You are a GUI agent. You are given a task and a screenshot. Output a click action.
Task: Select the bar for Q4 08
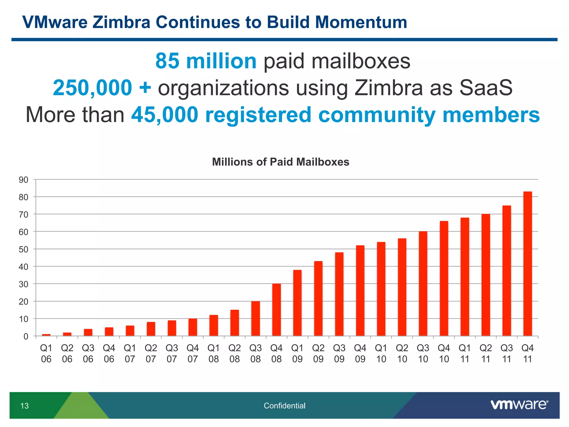pyautogui.click(x=276, y=310)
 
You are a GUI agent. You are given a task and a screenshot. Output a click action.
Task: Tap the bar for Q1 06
pyautogui.click(x=46, y=335)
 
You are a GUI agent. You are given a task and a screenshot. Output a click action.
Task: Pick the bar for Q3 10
pyautogui.click(x=423, y=284)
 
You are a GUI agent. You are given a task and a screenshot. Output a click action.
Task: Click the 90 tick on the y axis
pyautogui.click(x=24, y=180)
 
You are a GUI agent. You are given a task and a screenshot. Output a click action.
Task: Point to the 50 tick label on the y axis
pyautogui.click(x=24, y=249)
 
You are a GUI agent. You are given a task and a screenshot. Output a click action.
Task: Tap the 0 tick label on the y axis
pyautogui.click(x=26, y=337)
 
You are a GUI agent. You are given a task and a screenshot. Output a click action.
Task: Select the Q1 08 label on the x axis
pyautogui.click(x=214, y=353)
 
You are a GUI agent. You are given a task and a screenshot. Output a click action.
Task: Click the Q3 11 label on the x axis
pyautogui.click(x=506, y=353)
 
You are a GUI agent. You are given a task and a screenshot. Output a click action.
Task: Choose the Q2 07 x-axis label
pyautogui.click(x=151, y=353)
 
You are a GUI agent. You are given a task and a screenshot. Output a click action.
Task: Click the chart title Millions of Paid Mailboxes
pyautogui.click(x=281, y=162)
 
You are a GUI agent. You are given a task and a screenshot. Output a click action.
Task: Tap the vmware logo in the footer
pyautogui.click(x=519, y=405)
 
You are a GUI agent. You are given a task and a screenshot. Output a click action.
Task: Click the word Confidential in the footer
pyautogui.click(x=284, y=406)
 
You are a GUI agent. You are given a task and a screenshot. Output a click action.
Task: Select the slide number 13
pyautogui.click(x=24, y=406)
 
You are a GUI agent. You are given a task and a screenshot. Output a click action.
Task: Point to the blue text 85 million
pyautogui.click(x=206, y=61)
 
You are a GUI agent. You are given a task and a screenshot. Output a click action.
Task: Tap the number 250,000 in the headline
pyautogui.click(x=93, y=88)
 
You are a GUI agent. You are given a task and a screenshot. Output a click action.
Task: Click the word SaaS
pyautogui.click(x=486, y=88)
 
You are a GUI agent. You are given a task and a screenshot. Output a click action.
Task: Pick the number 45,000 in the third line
pyautogui.click(x=165, y=115)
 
